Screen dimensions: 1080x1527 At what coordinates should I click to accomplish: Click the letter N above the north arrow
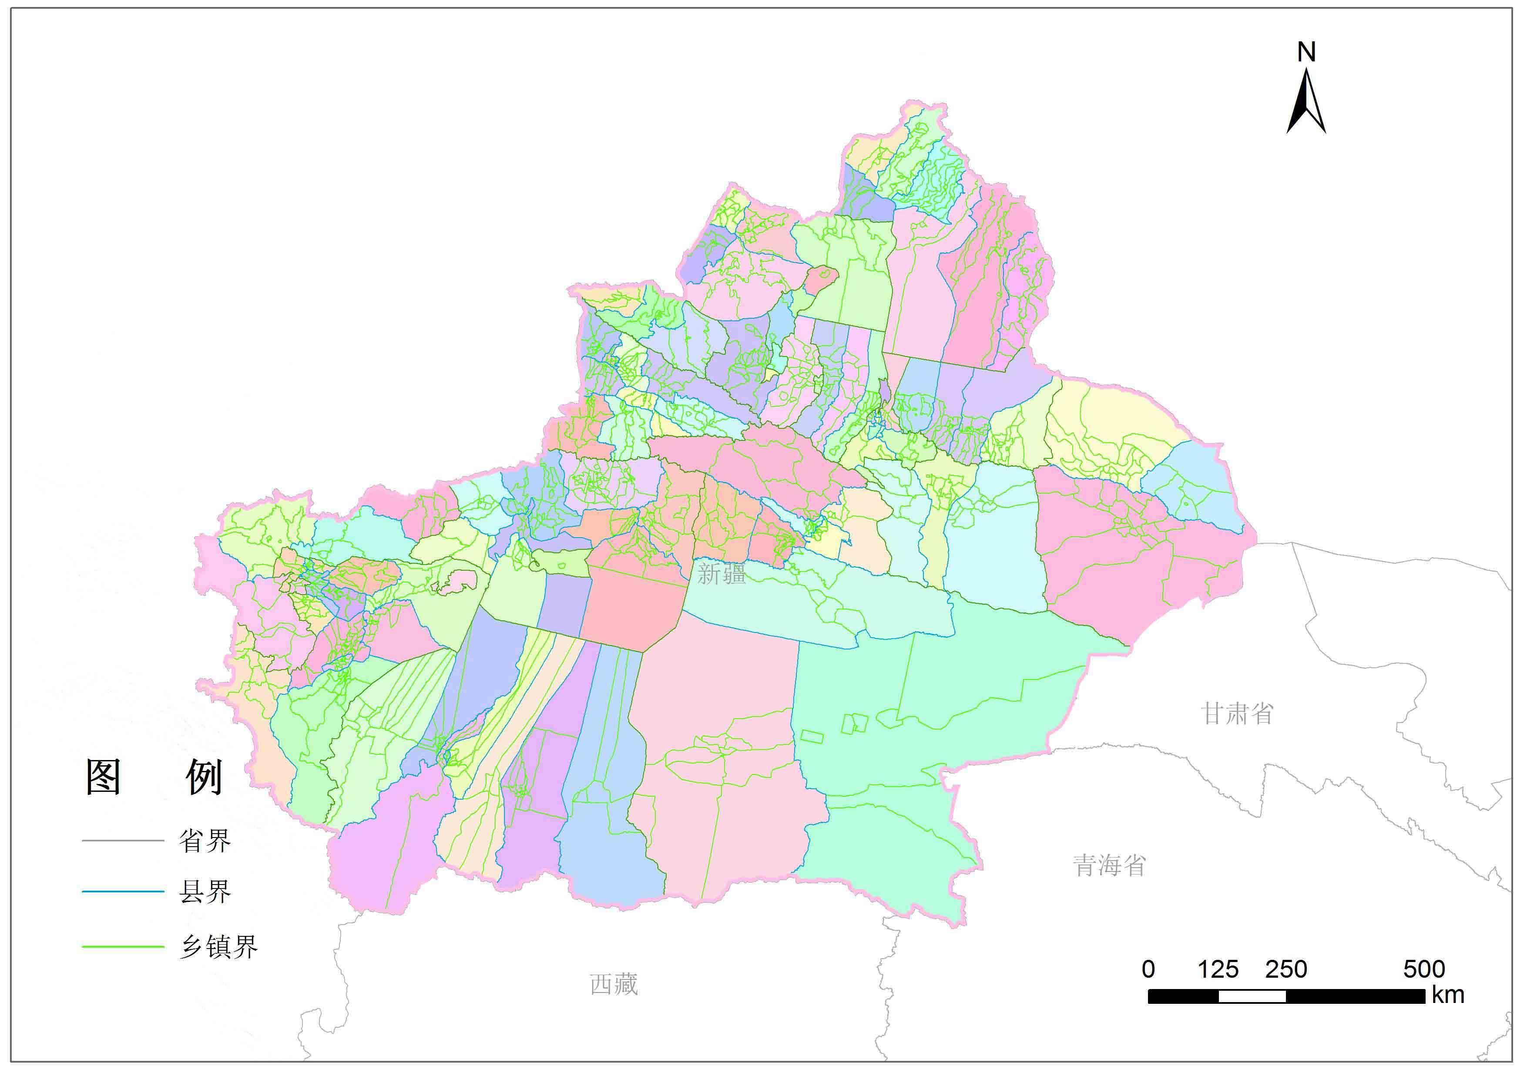(x=1306, y=52)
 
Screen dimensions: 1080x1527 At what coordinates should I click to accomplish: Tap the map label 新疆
(x=722, y=574)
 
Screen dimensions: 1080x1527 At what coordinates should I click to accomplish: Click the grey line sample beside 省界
(x=123, y=841)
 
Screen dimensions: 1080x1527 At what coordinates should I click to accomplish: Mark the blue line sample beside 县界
(x=123, y=892)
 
